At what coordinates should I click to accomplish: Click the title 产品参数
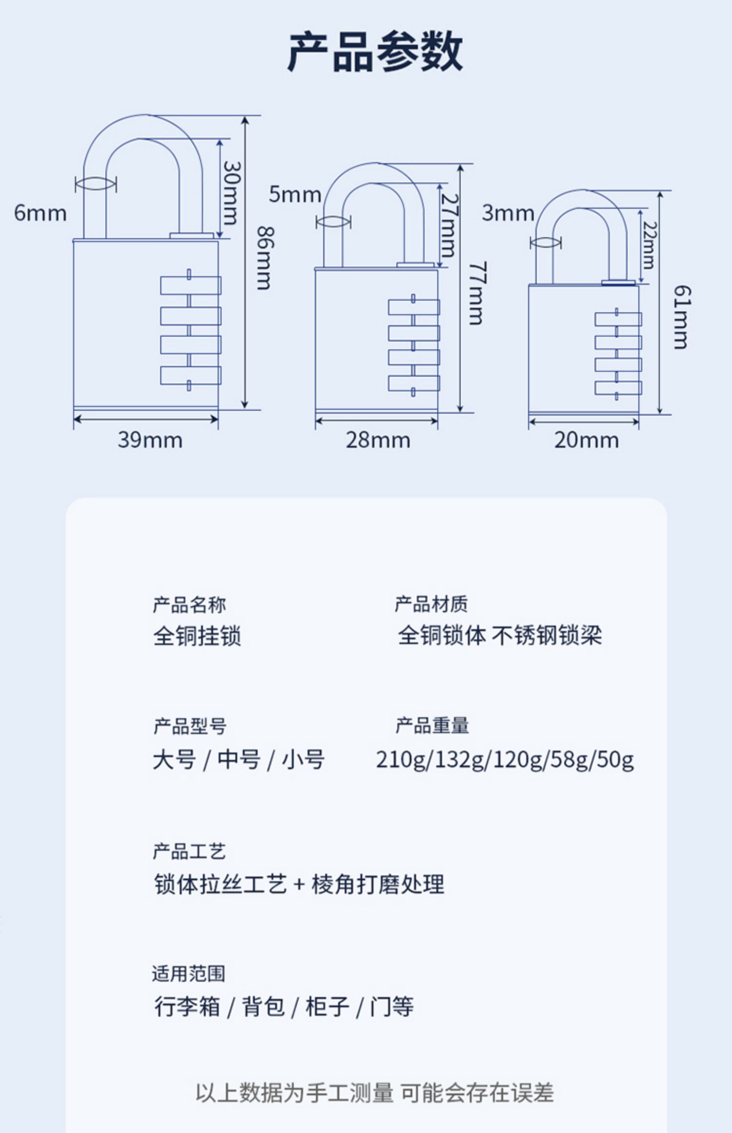click(x=375, y=52)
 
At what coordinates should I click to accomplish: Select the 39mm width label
click(x=150, y=440)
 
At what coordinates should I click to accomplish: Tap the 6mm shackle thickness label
click(x=40, y=213)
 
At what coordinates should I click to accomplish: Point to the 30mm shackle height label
click(x=232, y=192)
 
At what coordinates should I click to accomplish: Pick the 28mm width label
click(x=378, y=441)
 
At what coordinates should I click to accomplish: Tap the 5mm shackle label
click(x=294, y=194)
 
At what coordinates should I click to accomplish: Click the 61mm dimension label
click(x=682, y=317)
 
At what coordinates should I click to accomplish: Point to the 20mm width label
click(x=586, y=441)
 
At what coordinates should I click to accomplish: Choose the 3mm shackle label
click(x=508, y=213)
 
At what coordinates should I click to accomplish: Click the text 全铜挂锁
click(x=197, y=636)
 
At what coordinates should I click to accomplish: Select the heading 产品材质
click(x=431, y=604)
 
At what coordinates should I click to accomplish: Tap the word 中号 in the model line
click(x=239, y=760)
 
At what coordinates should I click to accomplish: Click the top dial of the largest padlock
click(x=190, y=285)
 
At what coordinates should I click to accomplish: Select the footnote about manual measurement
click(x=375, y=1093)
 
